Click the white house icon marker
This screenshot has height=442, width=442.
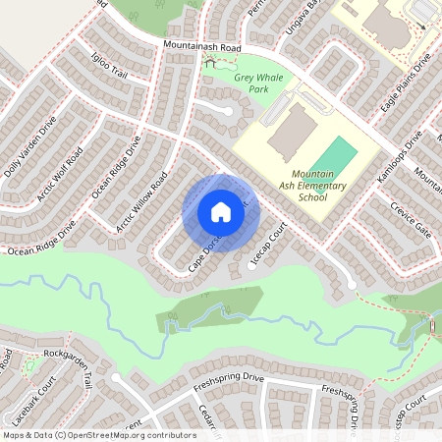pos(220,212)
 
